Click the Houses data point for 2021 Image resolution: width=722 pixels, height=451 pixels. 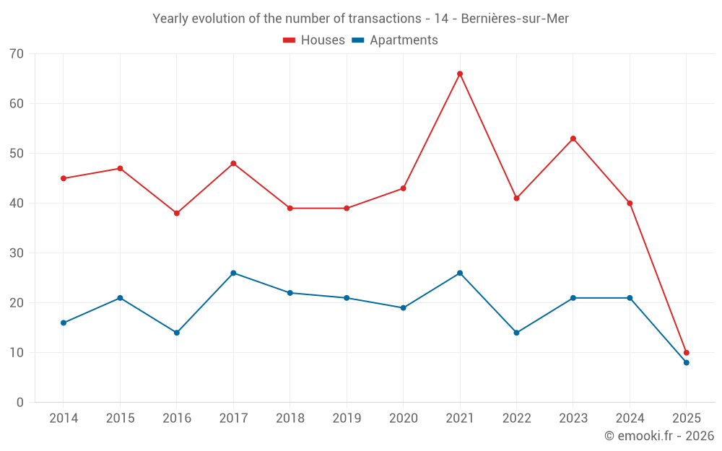(460, 74)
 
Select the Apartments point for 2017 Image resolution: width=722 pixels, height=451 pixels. (233, 273)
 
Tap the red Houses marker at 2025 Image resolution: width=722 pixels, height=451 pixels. (687, 353)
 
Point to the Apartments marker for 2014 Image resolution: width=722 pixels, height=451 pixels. (64, 323)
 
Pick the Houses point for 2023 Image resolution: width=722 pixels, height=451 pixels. (573, 139)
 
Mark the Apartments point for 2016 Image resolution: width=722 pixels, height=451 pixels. (177, 333)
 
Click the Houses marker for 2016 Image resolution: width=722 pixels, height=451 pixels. (177, 213)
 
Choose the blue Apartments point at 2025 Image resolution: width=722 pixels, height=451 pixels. (687, 362)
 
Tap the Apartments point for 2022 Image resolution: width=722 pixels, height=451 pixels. (516, 333)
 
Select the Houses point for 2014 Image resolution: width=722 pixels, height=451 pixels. (64, 178)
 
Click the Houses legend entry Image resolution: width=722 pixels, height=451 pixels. (314, 40)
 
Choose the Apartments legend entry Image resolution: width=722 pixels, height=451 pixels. (395, 40)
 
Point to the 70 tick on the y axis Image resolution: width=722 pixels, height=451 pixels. (16, 53)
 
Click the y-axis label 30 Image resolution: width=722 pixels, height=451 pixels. (16, 253)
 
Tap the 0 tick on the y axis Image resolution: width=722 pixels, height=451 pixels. (19, 402)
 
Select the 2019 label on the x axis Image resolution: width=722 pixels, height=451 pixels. (347, 419)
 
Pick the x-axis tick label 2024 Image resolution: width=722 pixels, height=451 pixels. (630, 419)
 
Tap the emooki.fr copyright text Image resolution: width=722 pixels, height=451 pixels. (658, 436)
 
